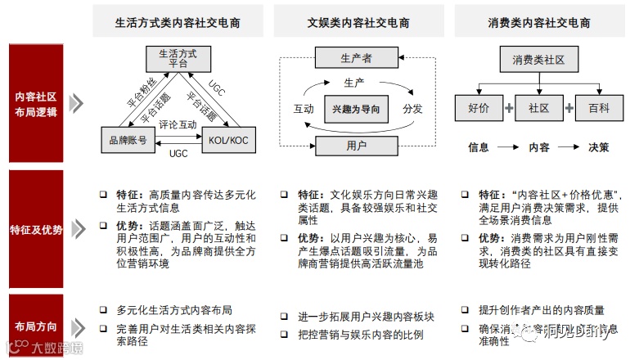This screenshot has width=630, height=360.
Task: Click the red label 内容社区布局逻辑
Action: [x=36, y=106]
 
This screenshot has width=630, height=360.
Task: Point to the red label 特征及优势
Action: [x=36, y=229]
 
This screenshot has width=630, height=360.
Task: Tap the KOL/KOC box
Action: [x=225, y=141]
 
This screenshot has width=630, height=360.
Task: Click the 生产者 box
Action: [x=356, y=59]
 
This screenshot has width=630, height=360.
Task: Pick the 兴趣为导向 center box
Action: [x=356, y=108]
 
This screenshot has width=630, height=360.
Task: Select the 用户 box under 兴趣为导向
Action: [x=356, y=146]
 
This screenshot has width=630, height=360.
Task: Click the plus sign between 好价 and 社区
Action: [x=508, y=107]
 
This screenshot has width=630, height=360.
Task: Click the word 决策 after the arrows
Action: [x=598, y=148]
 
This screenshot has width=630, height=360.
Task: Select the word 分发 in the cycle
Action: [x=412, y=108]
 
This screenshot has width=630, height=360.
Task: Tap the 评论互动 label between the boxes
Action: [x=178, y=125]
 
